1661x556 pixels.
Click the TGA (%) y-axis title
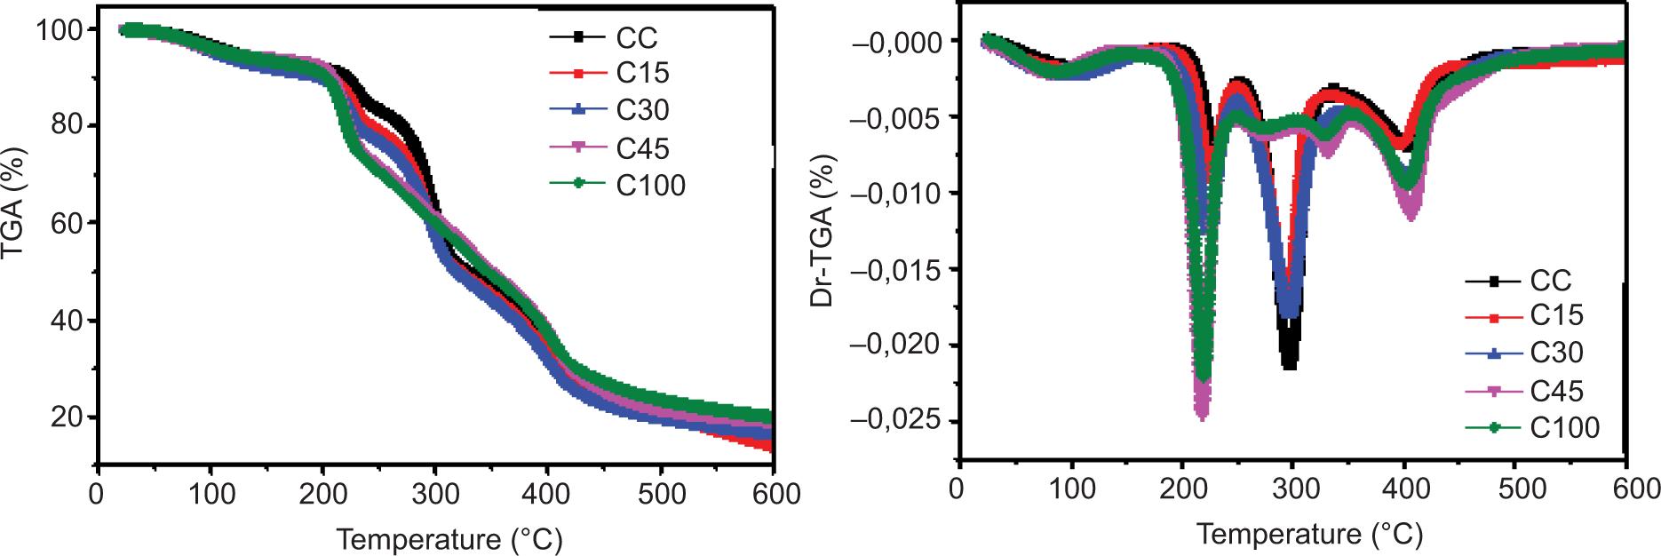coord(15,204)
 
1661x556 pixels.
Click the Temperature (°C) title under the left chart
coord(449,538)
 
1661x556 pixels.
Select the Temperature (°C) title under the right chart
coord(1308,534)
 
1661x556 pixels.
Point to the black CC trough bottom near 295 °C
coord(1289,364)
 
